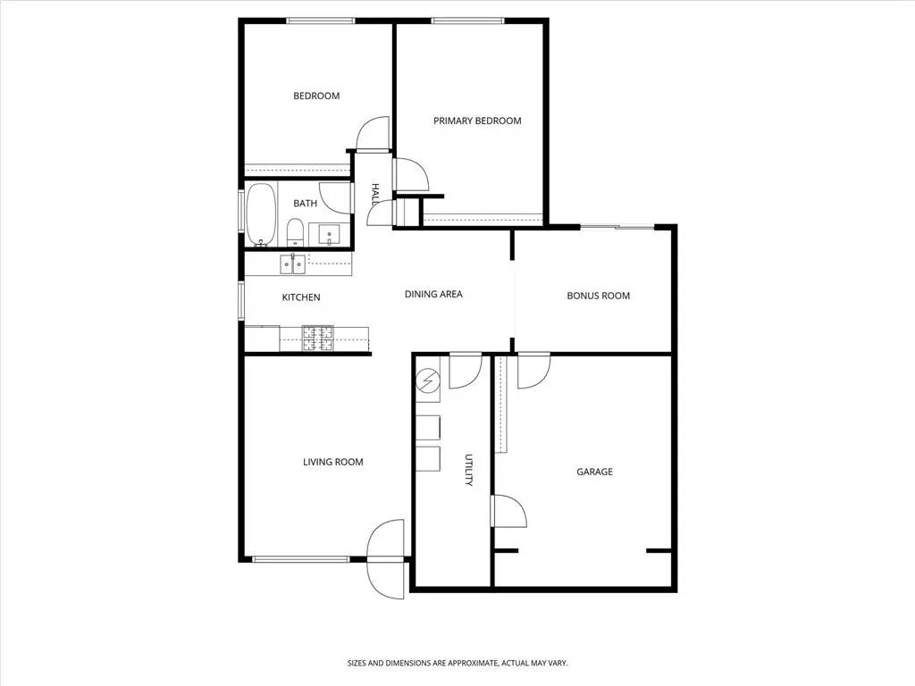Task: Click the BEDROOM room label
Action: (316, 96)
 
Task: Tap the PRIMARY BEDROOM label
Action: (477, 121)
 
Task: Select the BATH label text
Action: (305, 204)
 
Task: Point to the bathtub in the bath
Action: (261, 214)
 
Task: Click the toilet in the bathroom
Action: (295, 231)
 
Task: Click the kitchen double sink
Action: (292, 263)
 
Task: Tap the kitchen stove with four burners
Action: (317, 338)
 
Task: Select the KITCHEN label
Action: (301, 297)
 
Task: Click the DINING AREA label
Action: (433, 294)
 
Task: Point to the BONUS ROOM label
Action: (598, 296)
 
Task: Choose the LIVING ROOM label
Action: (332, 462)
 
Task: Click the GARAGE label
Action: (594, 472)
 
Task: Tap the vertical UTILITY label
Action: (467, 470)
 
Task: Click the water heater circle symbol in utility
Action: (428, 381)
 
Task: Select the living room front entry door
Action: (386, 559)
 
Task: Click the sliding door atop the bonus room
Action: (617, 227)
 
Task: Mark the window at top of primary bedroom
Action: (467, 21)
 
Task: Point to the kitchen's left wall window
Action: (240, 300)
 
